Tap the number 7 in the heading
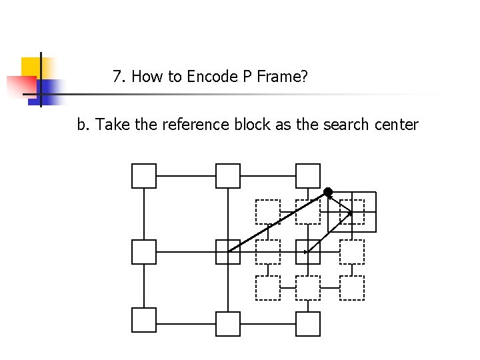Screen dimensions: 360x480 click(x=117, y=77)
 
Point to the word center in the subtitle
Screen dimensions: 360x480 click(x=396, y=125)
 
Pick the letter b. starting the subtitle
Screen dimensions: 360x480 click(x=83, y=125)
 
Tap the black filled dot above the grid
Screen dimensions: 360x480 click(x=328, y=192)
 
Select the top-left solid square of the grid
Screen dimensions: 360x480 click(x=144, y=176)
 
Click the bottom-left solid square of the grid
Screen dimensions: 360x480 click(x=144, y=320)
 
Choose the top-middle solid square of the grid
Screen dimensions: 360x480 click(x=228, y=176)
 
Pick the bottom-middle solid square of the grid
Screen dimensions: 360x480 click(x=228, y=324)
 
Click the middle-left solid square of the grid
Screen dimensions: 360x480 click(x=144, y=252)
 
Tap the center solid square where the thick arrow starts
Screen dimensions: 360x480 click(x=228, y=252)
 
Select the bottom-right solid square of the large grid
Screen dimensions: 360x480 click(x=308, y=324)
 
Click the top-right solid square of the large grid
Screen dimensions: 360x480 click(x=308, y=176)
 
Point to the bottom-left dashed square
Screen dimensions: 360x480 click(x=268, y=288)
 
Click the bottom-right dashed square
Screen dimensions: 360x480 click(x=352, y=288)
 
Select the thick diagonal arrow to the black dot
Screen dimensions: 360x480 click(x=278, y=221)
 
